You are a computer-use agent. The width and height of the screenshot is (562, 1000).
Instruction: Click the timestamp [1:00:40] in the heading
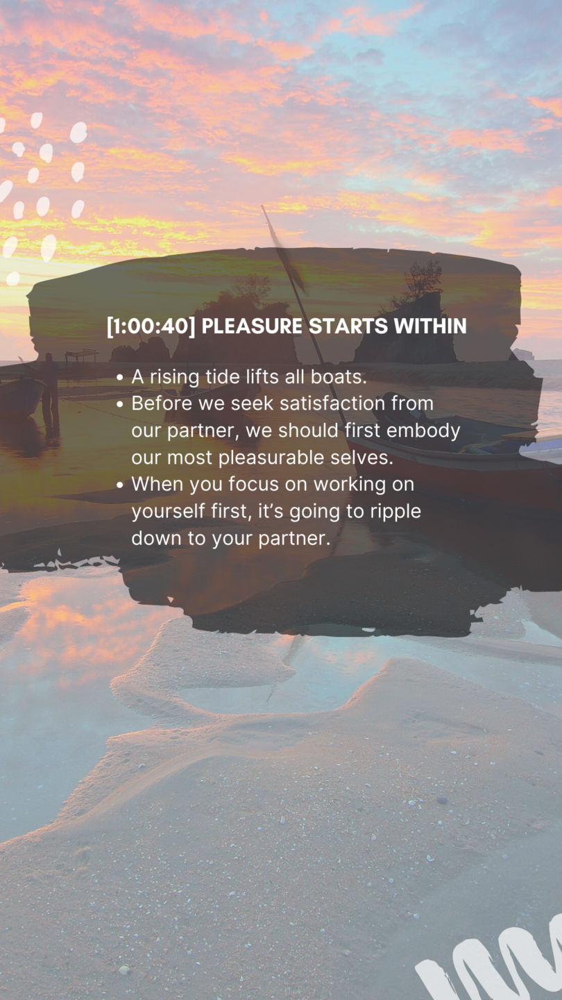pos(151,326)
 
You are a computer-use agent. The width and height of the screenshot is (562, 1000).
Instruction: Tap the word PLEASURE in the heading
pos(252,326)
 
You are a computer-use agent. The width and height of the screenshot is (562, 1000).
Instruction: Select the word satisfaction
pos(332,403)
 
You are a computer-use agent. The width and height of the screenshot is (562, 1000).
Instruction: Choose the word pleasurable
pos(271,458)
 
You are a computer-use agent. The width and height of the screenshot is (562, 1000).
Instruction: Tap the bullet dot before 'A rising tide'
pos(119,378)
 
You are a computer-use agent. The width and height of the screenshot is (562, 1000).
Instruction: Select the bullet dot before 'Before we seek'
pos(119,404)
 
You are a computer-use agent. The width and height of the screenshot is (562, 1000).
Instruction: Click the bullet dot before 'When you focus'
pos(119,485)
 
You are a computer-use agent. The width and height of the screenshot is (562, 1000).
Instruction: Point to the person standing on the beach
pos(49,393)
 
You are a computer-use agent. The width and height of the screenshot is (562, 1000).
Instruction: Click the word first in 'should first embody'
pos(362,431)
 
